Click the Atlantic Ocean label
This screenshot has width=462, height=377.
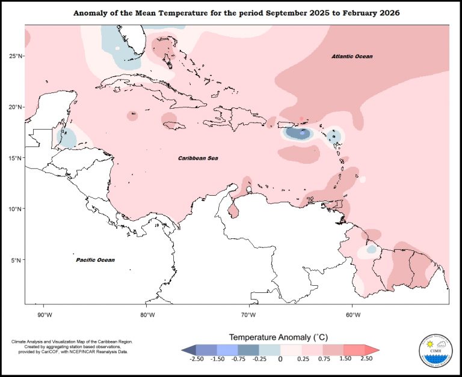pos(352,56)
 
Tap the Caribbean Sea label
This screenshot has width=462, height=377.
pos(198,158)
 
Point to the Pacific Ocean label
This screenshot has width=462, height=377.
pos(95,260)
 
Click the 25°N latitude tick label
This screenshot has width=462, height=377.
pos(15,56)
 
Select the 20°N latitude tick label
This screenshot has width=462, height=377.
pos(15,107)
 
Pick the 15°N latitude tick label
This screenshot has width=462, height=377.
pos(15,158)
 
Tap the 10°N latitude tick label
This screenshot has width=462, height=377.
pos(15,209)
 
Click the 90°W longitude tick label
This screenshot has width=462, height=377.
pos(45,315)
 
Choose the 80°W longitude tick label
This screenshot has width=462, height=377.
pos(147,315)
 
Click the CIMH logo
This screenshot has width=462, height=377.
pos(436,351)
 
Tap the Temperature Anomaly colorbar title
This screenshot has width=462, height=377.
pos(279,337)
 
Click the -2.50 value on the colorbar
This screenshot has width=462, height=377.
pos(196,358)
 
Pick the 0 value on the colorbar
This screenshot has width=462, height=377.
pos(280,358)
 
